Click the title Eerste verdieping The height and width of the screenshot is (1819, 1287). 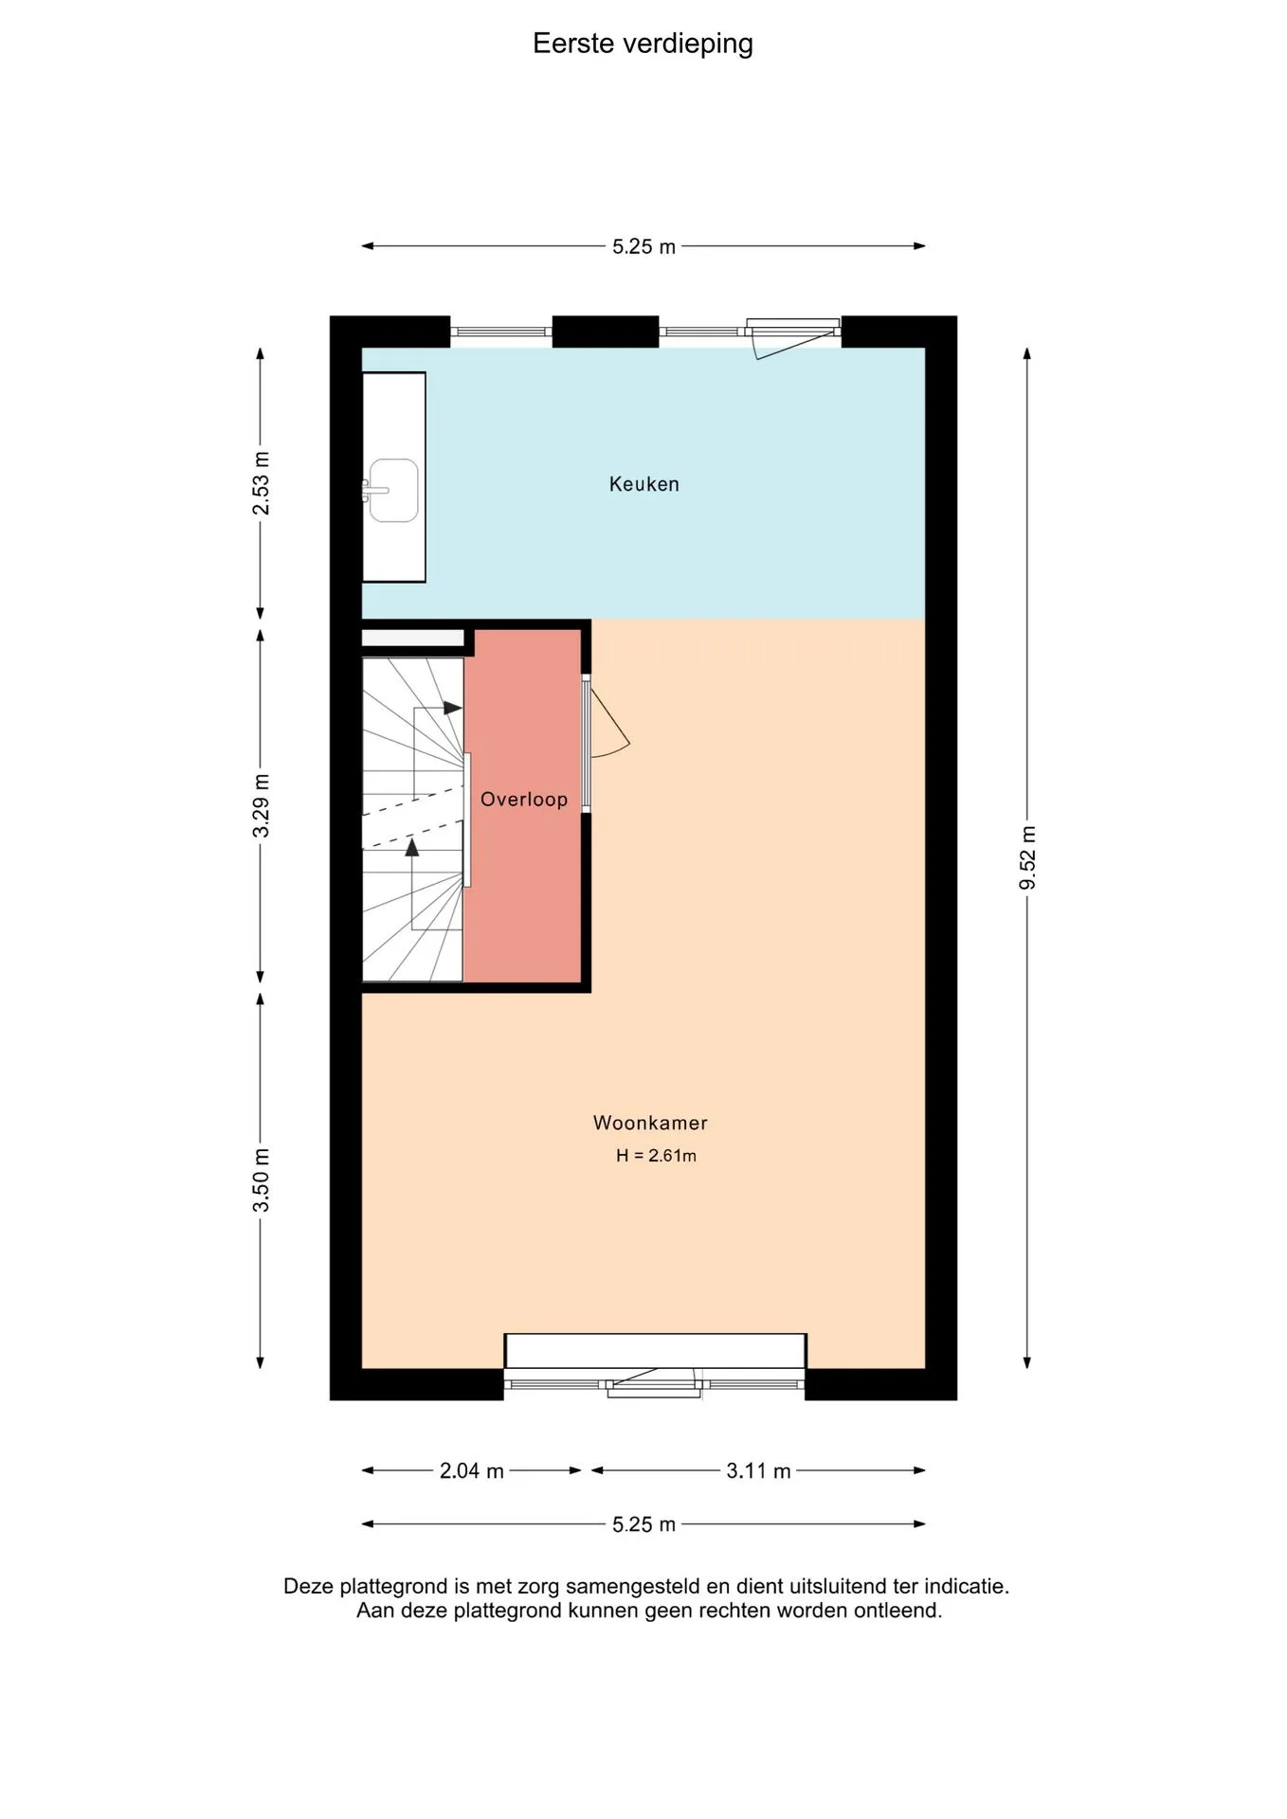643,44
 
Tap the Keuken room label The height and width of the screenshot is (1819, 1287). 644,484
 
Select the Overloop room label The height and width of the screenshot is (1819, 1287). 524,800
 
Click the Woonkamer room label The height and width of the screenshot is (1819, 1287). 650,1123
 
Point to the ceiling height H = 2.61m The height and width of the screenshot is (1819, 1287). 656,1156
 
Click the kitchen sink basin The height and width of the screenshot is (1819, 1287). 393,490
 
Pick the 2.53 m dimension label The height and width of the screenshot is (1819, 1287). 261,483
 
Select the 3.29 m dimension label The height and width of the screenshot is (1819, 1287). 261,805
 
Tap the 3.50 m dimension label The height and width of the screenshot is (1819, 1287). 261,1180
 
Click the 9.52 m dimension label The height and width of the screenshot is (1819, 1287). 1027,858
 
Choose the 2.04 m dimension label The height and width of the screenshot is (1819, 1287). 471,1471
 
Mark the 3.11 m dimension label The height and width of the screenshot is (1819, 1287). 758,1471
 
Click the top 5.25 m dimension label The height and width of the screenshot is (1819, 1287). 643,247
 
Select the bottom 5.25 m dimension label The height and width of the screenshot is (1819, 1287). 643,1524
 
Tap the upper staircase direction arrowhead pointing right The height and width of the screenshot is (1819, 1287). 453,708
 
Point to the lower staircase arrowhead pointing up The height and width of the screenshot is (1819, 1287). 411,847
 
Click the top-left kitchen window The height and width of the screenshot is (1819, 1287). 500,332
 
